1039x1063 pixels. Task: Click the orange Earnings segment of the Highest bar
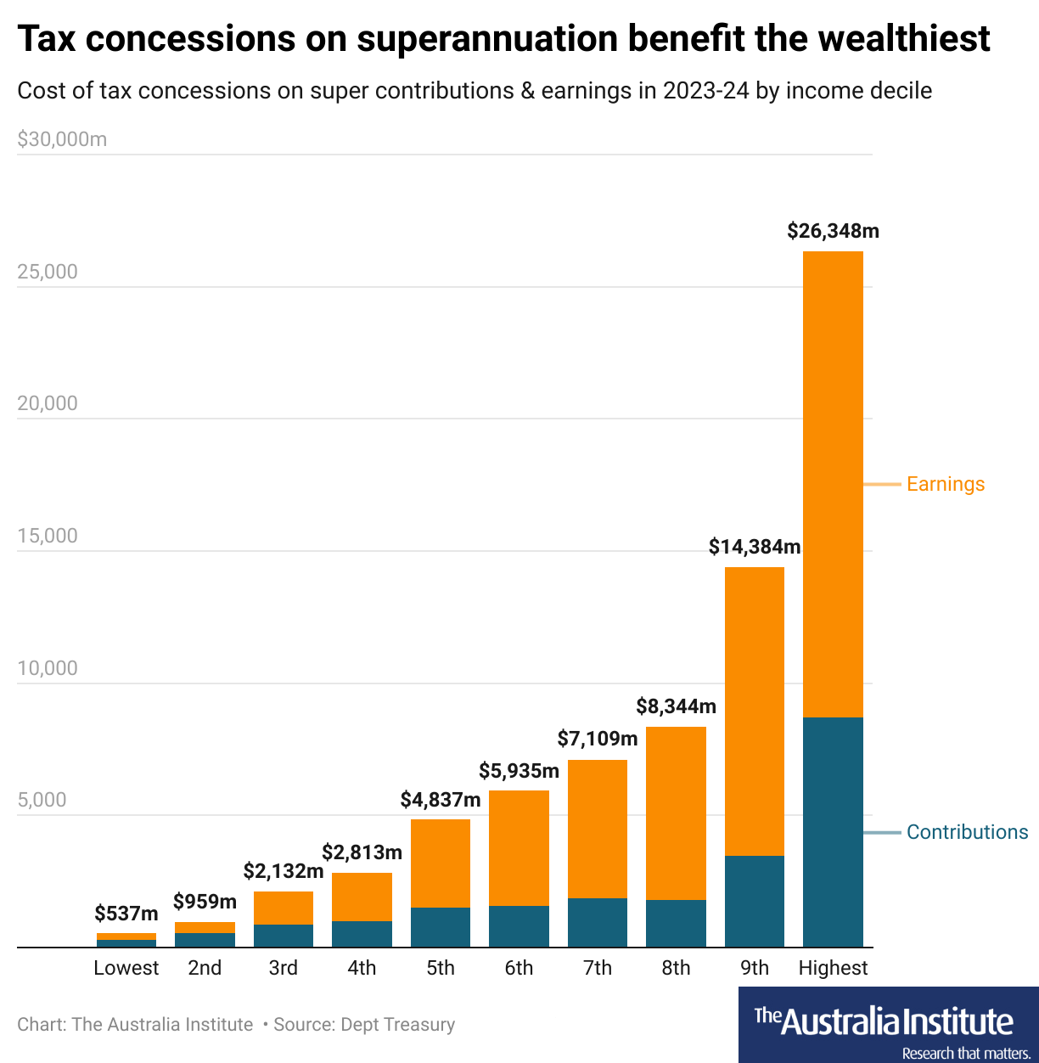[x=833, y=484]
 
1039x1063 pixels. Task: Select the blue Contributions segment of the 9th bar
[x=754, y=901]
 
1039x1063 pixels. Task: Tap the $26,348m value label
[x=833, y=231]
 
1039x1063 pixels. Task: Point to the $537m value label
[x=126, y=914]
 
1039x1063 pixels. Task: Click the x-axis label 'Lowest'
[x=126, y=968]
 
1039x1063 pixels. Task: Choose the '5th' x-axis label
[x=441, y=968]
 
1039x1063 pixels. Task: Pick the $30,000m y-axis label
[x=62, y=139]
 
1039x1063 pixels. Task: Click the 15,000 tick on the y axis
[x=48, y=536]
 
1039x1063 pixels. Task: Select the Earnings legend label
[x=946, y=484]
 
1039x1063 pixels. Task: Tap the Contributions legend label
[x=967, y=832]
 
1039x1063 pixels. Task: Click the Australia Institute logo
[x=888, y=1025]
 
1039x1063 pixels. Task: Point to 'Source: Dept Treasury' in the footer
[x=364, y=1025]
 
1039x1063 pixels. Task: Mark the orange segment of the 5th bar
[x=441, y=863]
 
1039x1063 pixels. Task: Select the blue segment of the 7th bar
[x=598, y=922]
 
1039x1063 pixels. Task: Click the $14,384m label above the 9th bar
[x=755, y=547]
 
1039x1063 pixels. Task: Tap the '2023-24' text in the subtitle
[x=706, y=91]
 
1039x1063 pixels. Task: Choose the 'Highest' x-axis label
[x=833, y=968]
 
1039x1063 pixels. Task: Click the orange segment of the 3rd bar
[x=284, y=908]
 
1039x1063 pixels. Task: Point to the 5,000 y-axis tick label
[x=42, y=800]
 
